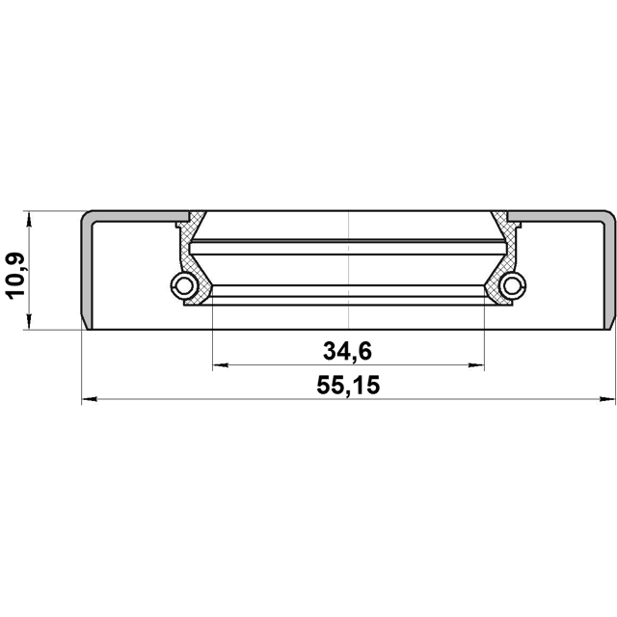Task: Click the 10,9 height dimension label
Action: pyautogui.click(x=15, y=277)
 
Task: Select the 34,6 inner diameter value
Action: pyautogui.click(x=347, y=351)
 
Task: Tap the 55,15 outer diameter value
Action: pyautogui.click(x=348, y=386)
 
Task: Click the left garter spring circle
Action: pyautogui.click(x=183, y=285)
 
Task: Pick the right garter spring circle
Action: pyautogui.click(x=513, y=285)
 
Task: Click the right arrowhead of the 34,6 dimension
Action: pyautogui.click(x=476, y=365)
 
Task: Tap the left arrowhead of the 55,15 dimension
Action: pyautogui.click(x=90, y=399)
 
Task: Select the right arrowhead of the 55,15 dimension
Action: pyautogui.click(x=607, y=399)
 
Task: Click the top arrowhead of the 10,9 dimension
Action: pyautogui.click(x=29, y=219)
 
